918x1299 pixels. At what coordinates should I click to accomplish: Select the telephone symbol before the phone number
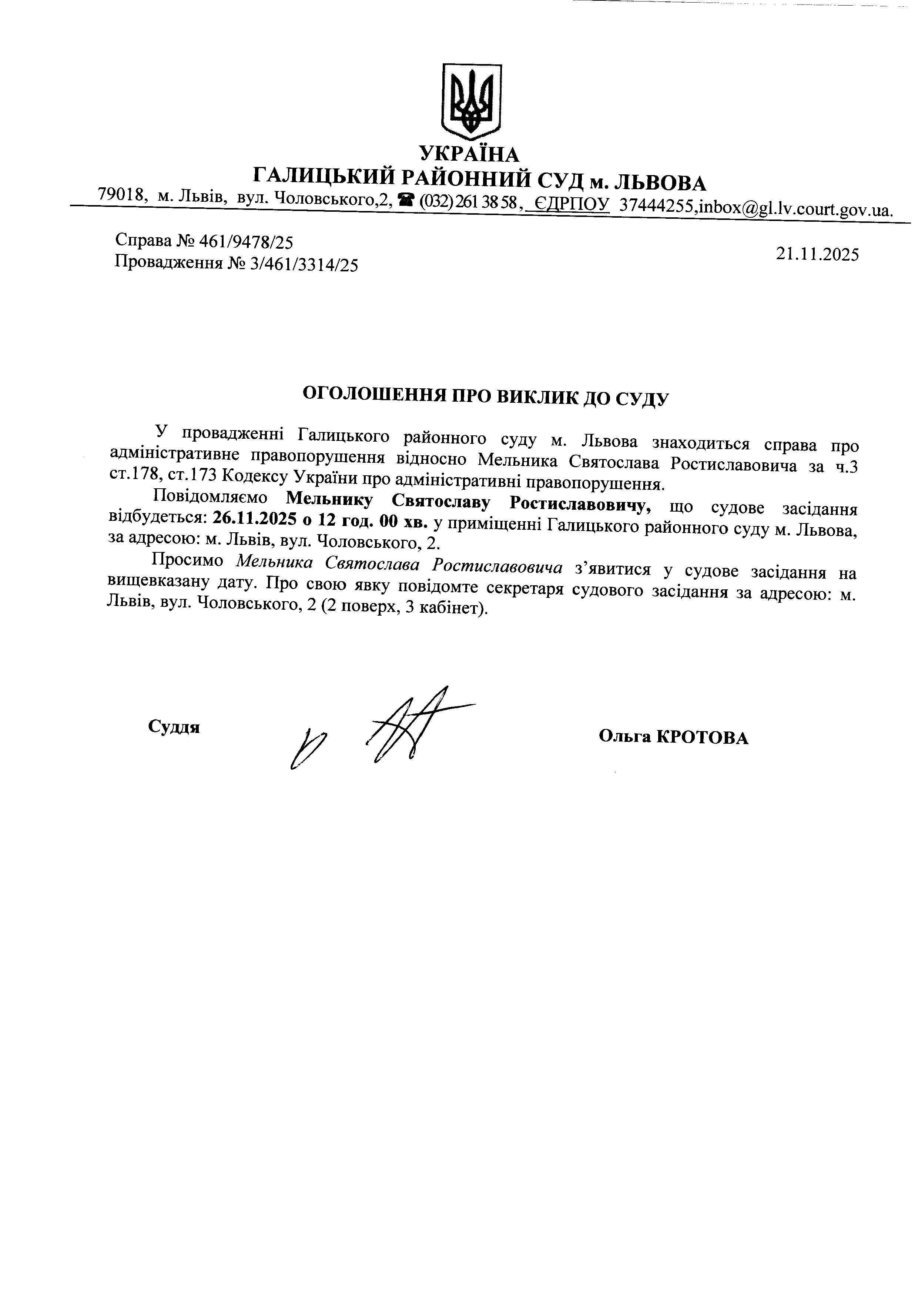pos(406,200)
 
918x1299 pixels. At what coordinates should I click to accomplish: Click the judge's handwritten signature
pos(396,727)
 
